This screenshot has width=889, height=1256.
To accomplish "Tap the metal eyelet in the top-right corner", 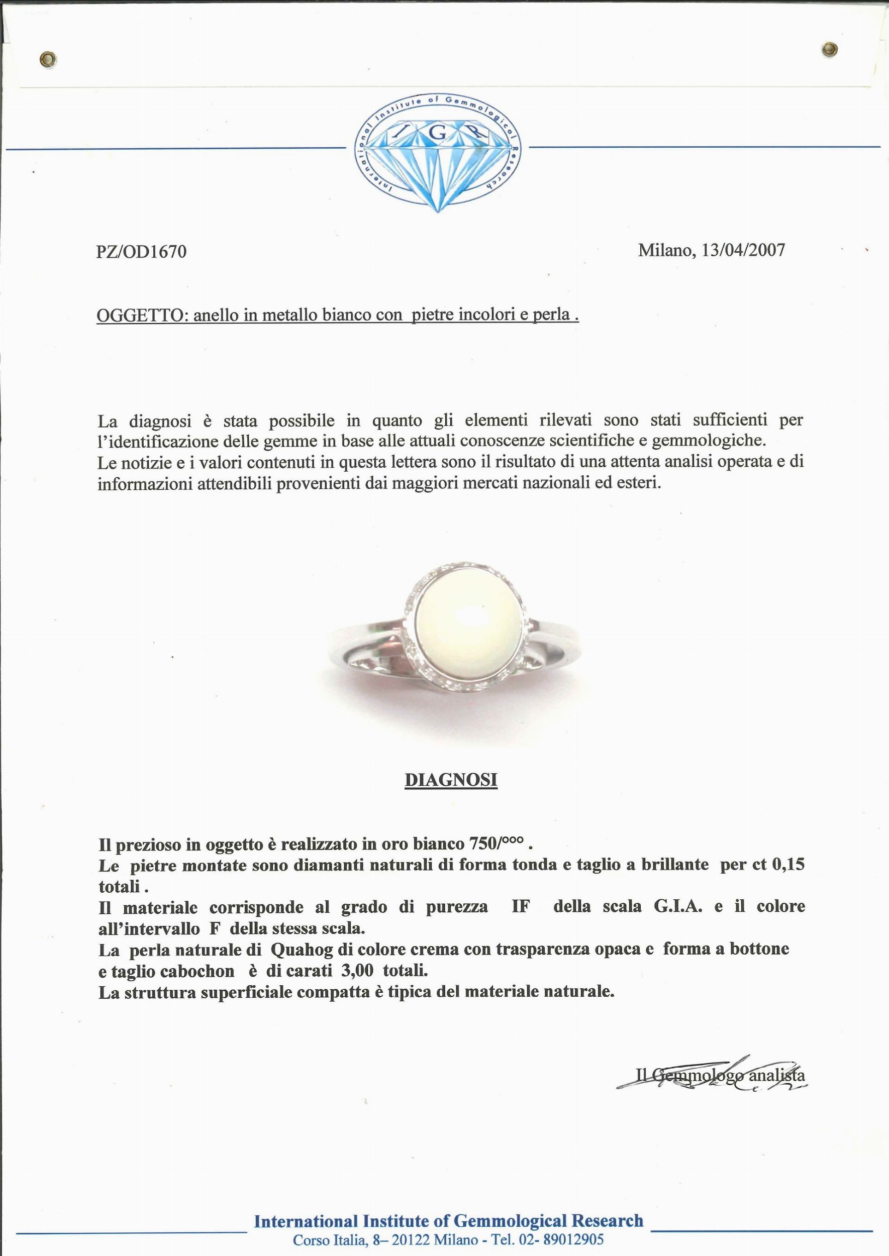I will pos(830,50).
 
